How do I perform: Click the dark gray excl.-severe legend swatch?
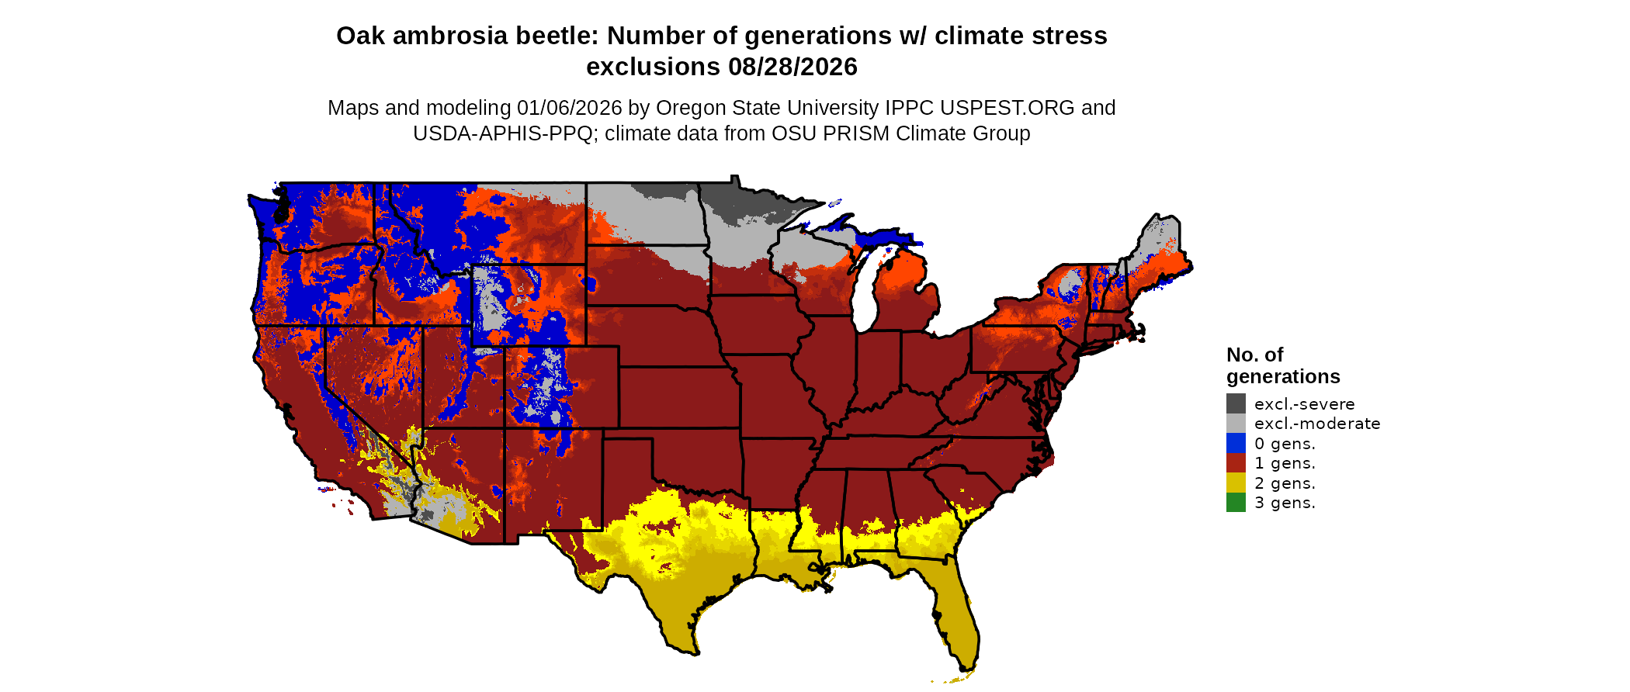tap(1236, 403)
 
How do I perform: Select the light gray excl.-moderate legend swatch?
tap(1236, 424)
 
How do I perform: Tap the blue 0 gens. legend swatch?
tap(1236, 443)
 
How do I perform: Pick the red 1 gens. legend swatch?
tap(1236, 463)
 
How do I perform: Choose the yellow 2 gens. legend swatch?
tap(1236, 483)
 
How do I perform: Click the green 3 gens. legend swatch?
tap(1236, 503)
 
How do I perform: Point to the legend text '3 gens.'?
tap(1285, 503)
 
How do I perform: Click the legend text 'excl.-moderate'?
tap(1316, 424)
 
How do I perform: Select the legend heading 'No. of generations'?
tap(1282, 365)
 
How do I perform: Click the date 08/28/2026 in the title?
tap(792, 67)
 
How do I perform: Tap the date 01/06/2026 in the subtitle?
tap(570, 108)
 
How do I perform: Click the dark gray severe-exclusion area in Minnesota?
tap(749, 202)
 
